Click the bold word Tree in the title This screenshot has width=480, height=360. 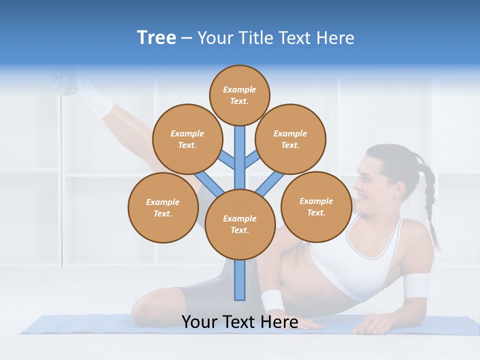pyautogui.click(x=156, y=38)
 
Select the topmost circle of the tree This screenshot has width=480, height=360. pyautogui.click(x=239, y=95)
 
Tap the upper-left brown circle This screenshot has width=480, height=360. pyautogui.click(x=187, y=139)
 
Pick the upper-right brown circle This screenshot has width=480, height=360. pyautogui.click(x=290, y=139)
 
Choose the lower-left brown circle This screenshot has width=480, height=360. pyautogui.click(x=163, y=207)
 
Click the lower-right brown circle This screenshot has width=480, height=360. pyautogui.click(x=316, y=206)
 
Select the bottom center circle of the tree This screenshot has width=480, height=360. pyautogui.click(x=240, y=224)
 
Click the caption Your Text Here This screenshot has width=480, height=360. pyautogui.click(x=240, y=322)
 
